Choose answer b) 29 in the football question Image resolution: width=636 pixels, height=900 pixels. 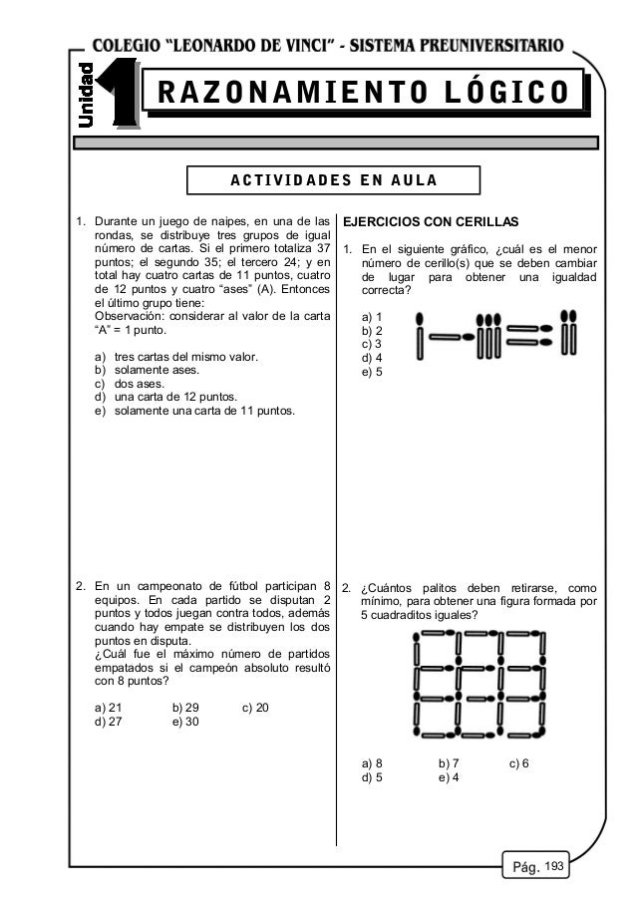click(x=185, y=707)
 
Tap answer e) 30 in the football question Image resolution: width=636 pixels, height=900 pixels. click(x=185, y=722)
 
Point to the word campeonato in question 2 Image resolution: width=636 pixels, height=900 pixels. click(x=165, y=585)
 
